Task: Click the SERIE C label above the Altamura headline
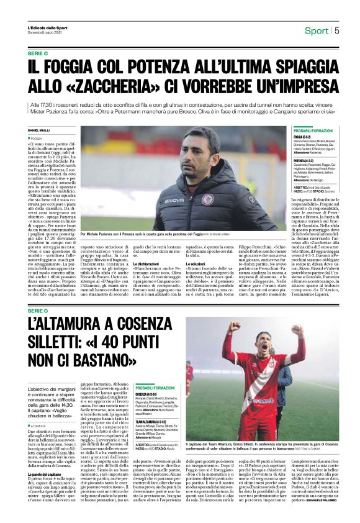[x=38, y=310]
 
